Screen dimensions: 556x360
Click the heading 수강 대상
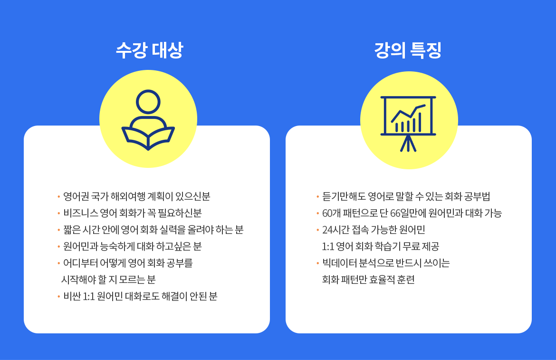point(149,50)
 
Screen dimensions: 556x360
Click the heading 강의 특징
point(408,50)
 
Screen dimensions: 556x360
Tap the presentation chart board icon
point(408,124)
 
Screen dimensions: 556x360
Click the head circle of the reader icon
point(148,102)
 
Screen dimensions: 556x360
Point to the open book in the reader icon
point(148,138)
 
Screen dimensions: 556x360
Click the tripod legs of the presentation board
point(408,144)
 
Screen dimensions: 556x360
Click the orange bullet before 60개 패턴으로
point(318,214)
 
